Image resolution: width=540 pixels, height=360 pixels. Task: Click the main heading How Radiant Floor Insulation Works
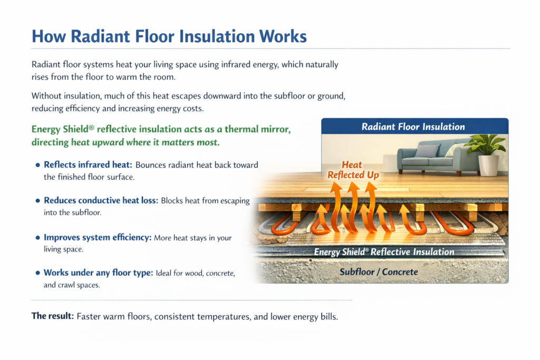pyautogui.click(x=169, y=36)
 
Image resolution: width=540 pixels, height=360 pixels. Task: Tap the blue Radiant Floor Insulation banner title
pyautogui.click(x=413, y=127)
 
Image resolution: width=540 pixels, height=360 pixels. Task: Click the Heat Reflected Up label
pyautogui.click(x=353, y=170)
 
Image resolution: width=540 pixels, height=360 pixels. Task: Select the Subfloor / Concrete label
pyautogui.click(x=379, y=272)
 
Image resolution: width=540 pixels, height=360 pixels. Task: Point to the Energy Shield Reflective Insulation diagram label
pyautogui.click(x=384, y=251)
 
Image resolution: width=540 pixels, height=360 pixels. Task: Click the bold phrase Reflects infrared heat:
pyautogui.click(x=85, y=165)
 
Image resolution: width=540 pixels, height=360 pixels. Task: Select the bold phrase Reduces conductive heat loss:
pyautogui.click(x=100, y=201)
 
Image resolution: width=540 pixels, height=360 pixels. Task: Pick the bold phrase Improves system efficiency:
pyautogui.click(x=98, y=238)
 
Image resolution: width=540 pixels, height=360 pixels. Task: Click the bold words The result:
pyautogui.click(x=52, y=316)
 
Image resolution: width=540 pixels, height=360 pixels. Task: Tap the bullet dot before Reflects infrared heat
pyautogui.click(x=37, y=165)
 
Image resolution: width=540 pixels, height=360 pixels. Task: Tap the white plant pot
pyautogui.click(x=488, y=165)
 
